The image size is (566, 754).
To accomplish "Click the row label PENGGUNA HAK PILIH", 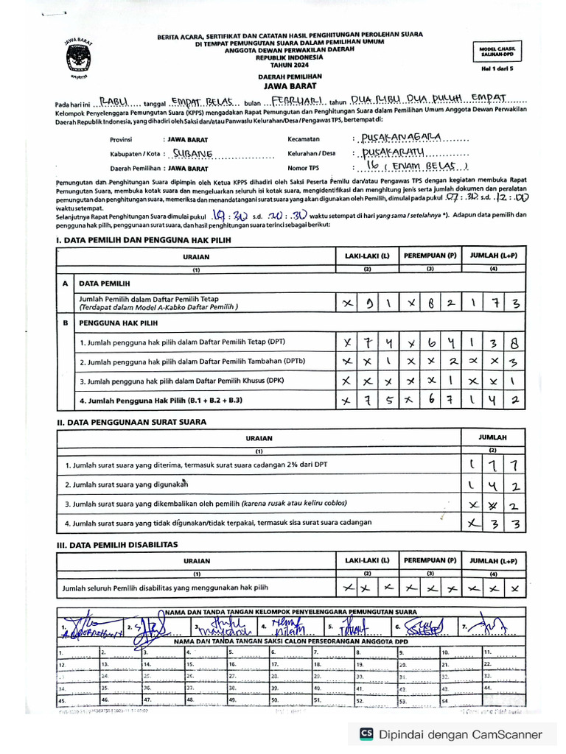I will coord(119,323).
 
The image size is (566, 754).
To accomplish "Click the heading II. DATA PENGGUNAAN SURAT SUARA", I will coord(131,422).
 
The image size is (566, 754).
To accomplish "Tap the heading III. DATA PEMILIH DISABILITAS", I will coord(117,544).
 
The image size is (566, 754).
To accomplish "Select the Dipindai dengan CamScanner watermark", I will coord(450,734).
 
